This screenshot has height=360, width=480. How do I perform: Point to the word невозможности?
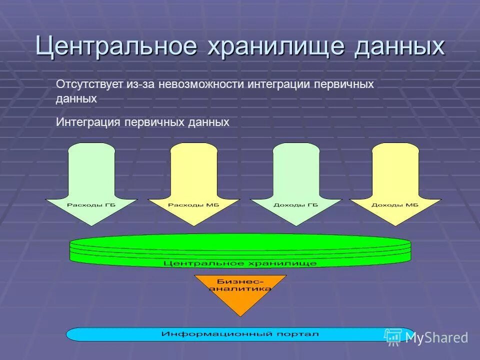coord(201,84)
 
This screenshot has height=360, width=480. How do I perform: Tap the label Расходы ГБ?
coord(91,205)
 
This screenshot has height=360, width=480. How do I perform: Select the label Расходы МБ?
coord(193,205)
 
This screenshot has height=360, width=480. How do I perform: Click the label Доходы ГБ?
coord(296,205)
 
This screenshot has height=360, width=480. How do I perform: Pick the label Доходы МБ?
coord(395,205)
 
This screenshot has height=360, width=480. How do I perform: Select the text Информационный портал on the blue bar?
coord(240,333)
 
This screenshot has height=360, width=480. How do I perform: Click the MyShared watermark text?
coord(436,338)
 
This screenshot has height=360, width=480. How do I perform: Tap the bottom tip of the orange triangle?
coord(240,314)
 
